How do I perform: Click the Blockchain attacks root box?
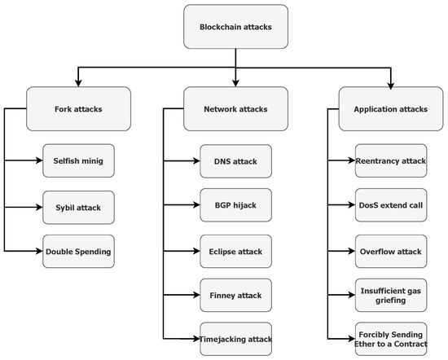(235, 27)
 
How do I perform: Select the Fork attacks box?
(78, 108)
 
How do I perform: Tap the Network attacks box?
(235, 108)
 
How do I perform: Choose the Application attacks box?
(390, 108)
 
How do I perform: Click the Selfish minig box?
(78, 161)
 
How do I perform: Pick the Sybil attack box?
(78, 208)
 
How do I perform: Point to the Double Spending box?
(78, 252)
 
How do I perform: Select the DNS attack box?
(235, 161)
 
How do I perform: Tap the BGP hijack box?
(235, 204)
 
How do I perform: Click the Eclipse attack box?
(235, 252)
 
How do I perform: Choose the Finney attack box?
(235, 294)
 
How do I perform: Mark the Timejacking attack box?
(235, 337)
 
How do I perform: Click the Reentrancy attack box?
(390, 161)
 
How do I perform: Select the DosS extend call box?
(390, 204)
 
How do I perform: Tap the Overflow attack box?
(390, 252)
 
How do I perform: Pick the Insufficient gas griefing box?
(390, 294)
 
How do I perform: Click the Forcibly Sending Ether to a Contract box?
(390, 337)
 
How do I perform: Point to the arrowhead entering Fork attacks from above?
(78, 83)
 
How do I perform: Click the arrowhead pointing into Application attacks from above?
(390, 83)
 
